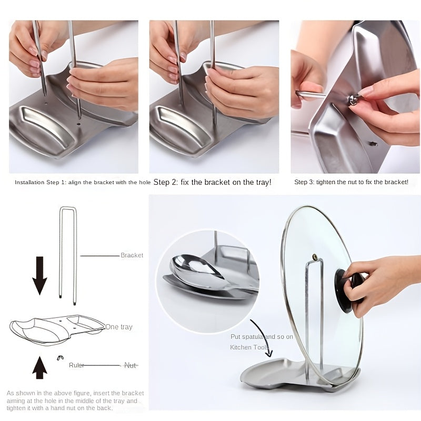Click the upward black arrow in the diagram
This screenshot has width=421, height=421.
pyautogui.click(x=39, y=367)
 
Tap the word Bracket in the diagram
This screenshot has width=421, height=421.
pyautogui.click(x=132, y=255)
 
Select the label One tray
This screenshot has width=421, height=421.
pyautogui.click(x=119, y=327)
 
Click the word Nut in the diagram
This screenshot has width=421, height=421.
pyautogui.click(x=130, y=365)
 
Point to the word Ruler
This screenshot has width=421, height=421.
pyautogui.click(x=77, y=365)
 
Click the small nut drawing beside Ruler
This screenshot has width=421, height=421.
pyautogui.click(x=60, y=358)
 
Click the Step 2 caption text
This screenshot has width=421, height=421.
pyautogui.click(x=212, y=182)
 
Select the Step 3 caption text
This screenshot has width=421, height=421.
pyautogui.click(x=351, y=182)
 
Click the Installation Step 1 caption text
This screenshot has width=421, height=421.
pyautogui.click(x=82, y=182)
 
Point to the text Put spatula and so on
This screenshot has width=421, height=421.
pyautogui.click(x=262, y=336)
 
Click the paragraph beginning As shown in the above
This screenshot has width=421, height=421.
pyautogui.click(x=73, y=400)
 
